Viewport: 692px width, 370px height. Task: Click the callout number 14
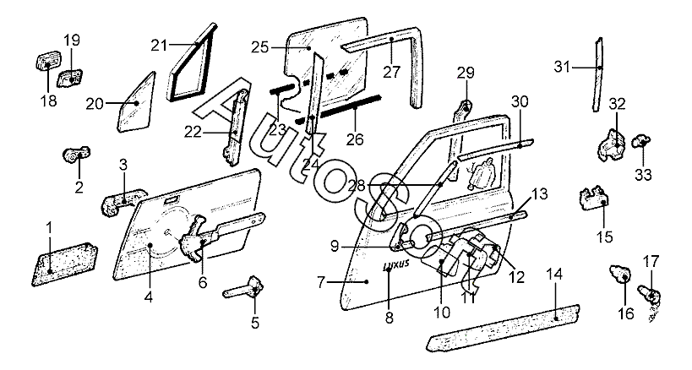pos(553,274)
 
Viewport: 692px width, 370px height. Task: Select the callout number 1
pos(49,226)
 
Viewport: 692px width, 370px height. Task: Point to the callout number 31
pos(564,67)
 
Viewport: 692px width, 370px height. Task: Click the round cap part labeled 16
pos(621,275)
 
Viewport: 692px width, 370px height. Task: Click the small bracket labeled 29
pos(465,108)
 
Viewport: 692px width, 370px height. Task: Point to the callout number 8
pos(388,318)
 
